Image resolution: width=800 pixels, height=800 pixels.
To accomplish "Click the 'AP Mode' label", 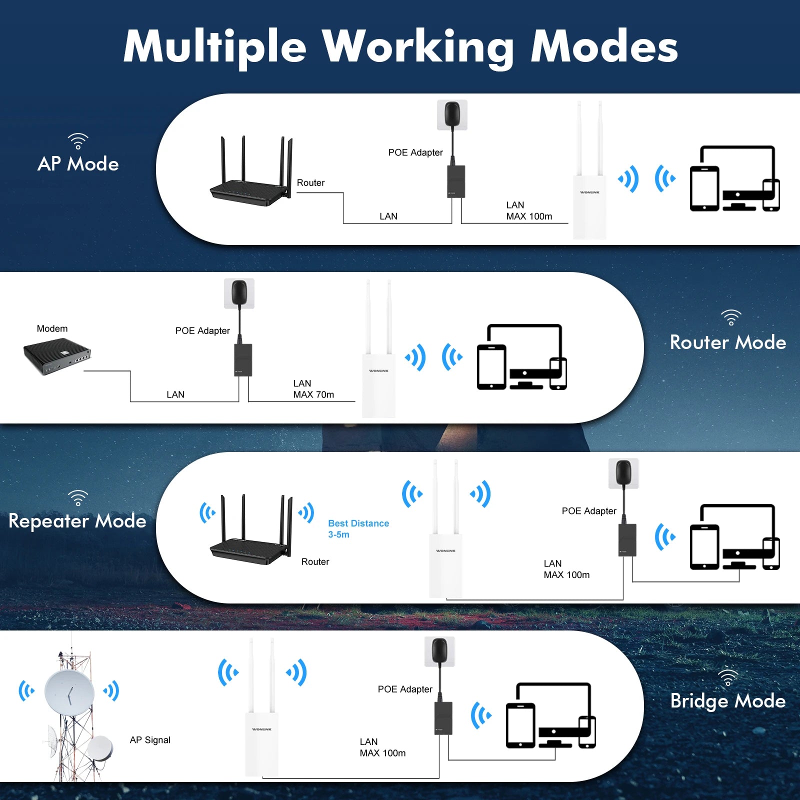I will [x=78, y=164].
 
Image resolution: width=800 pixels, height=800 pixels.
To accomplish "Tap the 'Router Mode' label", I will [x=727, y=342].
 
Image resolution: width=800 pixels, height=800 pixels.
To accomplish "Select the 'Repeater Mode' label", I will [x=77, y=521].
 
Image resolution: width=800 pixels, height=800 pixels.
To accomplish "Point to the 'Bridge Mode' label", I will [x=727, y=701].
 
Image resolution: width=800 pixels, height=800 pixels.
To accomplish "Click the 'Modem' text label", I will [x=52, y=328].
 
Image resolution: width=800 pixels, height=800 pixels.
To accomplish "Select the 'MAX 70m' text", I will [x=313, y=394].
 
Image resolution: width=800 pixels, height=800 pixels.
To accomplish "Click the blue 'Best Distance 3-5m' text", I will [x=358, y=528].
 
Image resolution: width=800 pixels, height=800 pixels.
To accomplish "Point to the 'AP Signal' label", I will [x=150, y=740].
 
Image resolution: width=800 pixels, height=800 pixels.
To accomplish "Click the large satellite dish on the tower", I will [x=69, y=692].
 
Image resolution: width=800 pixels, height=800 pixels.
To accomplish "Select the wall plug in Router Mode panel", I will [x=239, y=293].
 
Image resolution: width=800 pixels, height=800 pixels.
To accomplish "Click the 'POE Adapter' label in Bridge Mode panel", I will [x=405, y=689].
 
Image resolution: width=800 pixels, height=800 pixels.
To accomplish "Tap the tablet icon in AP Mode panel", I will [x=704, y=188].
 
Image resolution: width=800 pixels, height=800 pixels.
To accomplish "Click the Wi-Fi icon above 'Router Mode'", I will [x=731, y=317].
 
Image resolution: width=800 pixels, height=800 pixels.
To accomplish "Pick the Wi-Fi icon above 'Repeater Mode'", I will [x=78, y=497].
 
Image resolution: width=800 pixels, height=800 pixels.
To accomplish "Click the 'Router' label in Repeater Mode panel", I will [x=315, y=561].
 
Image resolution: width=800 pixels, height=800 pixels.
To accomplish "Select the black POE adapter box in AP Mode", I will [x=456, y=181].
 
